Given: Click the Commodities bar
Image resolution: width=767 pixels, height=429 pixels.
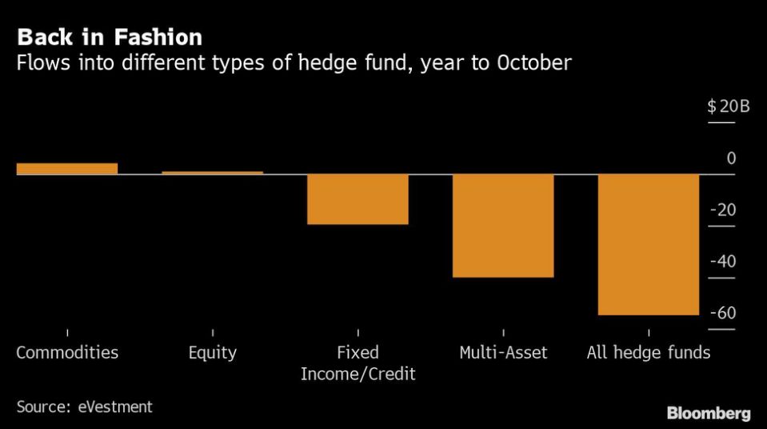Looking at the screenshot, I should tap(67, 168).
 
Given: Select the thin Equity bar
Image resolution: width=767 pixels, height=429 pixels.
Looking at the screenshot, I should tap(213, 172).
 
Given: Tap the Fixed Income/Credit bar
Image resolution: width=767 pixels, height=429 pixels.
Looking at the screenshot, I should tap(358, 198).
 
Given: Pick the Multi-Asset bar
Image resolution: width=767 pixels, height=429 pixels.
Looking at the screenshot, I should tap(503, 225).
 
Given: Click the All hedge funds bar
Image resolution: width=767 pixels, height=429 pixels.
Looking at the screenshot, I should tap(649, 244).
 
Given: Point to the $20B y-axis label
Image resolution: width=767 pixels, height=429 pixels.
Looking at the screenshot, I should tap(728, 106).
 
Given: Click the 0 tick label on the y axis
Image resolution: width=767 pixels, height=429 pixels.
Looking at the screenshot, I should tap(731, 158).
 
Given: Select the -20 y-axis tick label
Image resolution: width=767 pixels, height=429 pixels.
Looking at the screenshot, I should tap(724, 210).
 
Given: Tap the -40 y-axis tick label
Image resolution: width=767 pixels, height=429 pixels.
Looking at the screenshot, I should tap(724, 262).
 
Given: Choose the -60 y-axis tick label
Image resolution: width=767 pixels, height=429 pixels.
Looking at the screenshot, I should tap(724, 313).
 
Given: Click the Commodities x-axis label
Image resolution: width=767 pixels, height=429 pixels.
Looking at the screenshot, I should tap(67, 352).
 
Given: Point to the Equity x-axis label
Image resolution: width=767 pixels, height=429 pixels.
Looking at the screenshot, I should tap(213, 352).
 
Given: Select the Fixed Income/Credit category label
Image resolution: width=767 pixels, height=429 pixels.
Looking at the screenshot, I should tap(358, 363).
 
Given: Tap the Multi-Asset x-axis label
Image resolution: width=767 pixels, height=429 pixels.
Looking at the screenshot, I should tap(503, 352).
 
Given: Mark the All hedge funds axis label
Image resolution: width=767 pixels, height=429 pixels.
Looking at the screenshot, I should tap(649, 352).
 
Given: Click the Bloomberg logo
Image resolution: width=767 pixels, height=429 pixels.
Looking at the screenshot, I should tap(709, 413).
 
